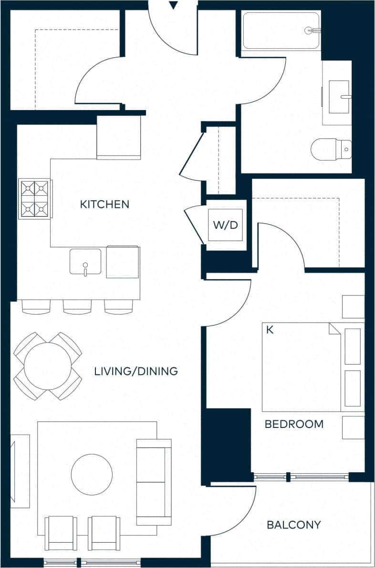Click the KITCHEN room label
coord(104,204)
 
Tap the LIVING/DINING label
coord(136,371)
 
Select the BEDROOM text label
coord(294,424)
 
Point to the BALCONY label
coord(293,525)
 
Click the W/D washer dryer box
coord(225,225)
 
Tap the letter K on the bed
coord(270,330)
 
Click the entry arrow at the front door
coord(174,5)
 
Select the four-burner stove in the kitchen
coord(34,199)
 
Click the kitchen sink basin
coord(85,262)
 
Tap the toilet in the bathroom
coord(331,149)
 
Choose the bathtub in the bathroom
coord(281,30)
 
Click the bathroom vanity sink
coord(339,97)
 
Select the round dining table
coord(47,366)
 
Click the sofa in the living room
coord(154,481)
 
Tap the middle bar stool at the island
coord(77,307)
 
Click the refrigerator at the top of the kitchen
coord(119,138)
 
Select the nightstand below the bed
coord(353,427)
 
